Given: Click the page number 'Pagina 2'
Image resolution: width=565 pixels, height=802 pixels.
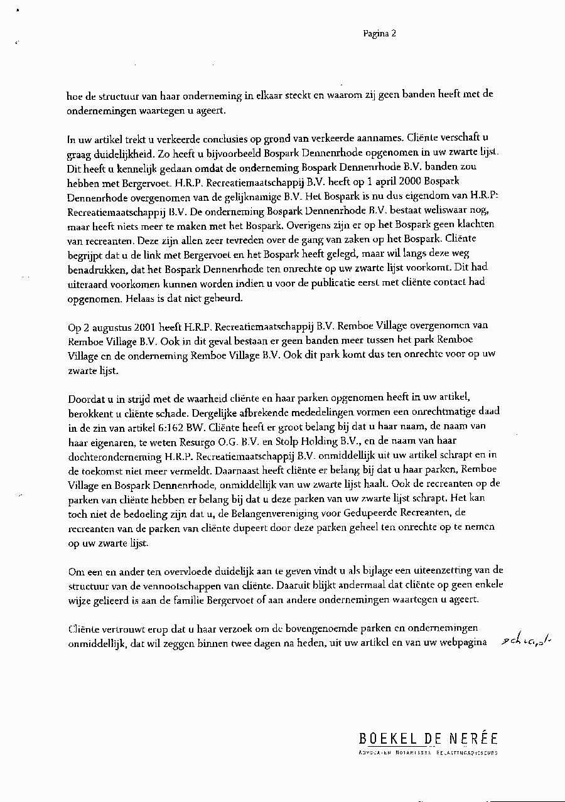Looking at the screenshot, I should click(x=379, y=34).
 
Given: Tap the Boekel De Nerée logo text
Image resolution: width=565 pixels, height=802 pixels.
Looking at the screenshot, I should click(x=428, y=739).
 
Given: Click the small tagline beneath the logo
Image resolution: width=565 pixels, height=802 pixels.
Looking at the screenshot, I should click(x=428, y=752).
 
